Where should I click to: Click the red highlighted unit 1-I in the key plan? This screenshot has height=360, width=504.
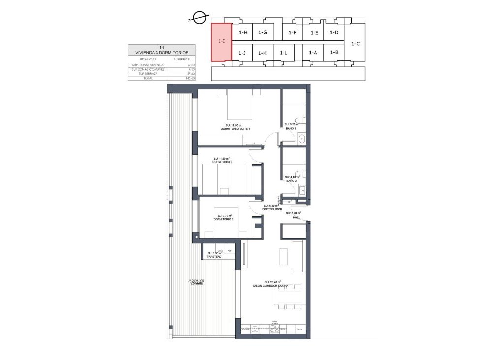[221, 42]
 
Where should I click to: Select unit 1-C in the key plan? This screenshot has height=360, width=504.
[355, 44]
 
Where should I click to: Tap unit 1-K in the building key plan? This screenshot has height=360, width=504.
[262, 53]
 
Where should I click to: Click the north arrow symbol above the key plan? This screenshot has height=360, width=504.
[199, 18]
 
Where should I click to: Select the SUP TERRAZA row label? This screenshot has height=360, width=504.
[141, 74]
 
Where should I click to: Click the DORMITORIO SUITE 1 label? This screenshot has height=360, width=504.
[236, 129]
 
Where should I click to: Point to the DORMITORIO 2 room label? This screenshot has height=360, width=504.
[221, 162]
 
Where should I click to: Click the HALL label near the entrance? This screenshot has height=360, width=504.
[296, 216]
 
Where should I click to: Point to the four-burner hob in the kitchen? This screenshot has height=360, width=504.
[275, 330]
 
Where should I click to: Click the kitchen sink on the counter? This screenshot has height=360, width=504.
[255, 330]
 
